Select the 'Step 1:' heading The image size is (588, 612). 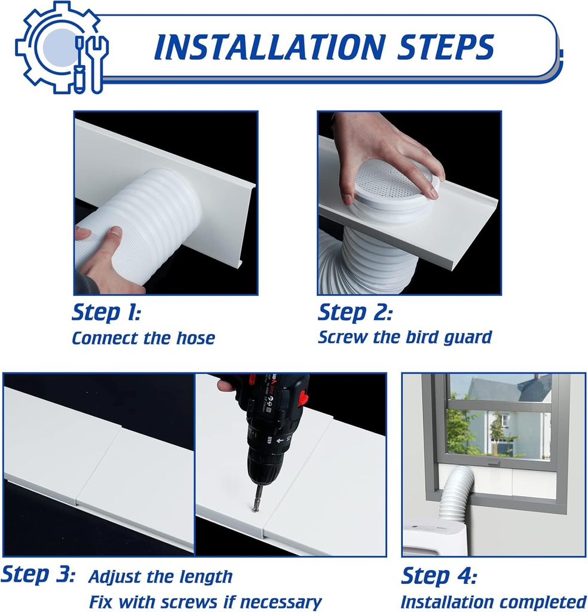click(x=106, y=312)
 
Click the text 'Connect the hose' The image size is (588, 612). click(x=143, y=338)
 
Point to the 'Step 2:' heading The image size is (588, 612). click(x=355, y=312)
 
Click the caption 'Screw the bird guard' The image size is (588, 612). click(x=405, y=337)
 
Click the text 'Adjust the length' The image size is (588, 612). click(x=160, y=577)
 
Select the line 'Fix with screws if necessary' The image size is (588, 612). click(x=205, y=601)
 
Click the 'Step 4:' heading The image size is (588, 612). click(x=439, y=577)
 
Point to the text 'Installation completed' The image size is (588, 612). click(x=493, y=601)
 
